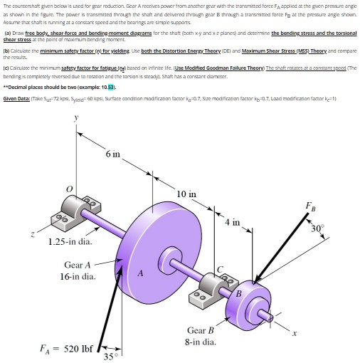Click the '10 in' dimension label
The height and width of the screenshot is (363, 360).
187,174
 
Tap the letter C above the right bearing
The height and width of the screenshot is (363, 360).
220,268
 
